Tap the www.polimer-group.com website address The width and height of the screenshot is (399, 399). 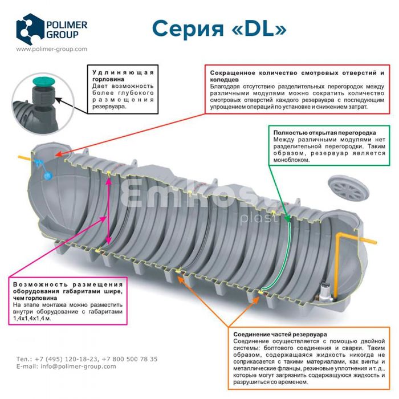[x=51, y=49]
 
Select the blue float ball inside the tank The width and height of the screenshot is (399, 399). [x=48, y=177]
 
